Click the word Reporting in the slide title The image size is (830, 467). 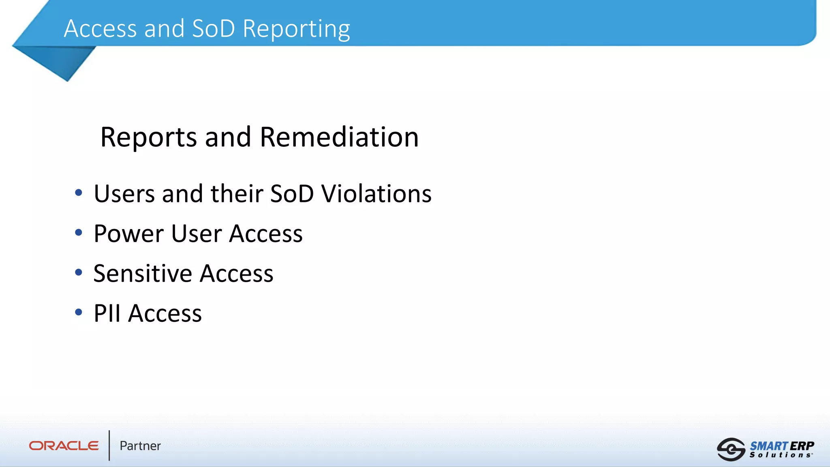pos(296,29)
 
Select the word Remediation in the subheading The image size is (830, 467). pos(339,137)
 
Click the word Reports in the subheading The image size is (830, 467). pos(148,137)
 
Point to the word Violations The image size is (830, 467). pos(376,194)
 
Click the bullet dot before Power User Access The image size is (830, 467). pos(79,232)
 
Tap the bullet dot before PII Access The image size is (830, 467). pos(79,312)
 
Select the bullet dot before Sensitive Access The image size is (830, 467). pos(79,272)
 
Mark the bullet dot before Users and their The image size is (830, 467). pos(79,193)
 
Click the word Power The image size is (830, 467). pos(129,234)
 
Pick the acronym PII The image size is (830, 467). pos(107,313)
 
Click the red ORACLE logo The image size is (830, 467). pos(64,446)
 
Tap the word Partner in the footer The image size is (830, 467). pos(140,446)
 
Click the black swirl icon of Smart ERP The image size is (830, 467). pos(731,449)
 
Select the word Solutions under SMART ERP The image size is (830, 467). pos(781,455)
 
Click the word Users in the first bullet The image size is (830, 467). pos(124,194)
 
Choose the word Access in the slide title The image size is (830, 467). pos(100,29)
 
